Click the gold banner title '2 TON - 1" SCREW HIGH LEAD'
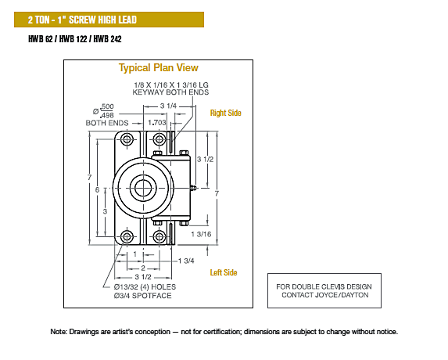click(x=82, y=20)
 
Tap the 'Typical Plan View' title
click(x=158, y=68)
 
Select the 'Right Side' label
click(x=225, y=113)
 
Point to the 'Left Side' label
click(x=224, y=272)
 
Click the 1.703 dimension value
click(x=157, y=123)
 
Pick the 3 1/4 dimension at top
click(x=168, y=106)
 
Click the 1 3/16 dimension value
click(x=201, y=234)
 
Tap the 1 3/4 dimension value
click(x=186, y=261)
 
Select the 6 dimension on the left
click(x=97, y=189)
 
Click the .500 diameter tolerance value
click(x=107, y=106)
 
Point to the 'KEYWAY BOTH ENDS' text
click(x=170, y=92)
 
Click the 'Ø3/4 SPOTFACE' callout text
click(x=142, y=296)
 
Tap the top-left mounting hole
click(x=127, y=139)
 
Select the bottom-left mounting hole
click(x=127, y=237)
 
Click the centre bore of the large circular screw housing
click(x=143, y=188)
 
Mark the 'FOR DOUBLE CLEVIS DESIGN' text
click(x=324, y=286)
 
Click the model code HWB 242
click(x=107, y=39)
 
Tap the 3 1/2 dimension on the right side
click(x=205, y=160)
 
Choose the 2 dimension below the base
click(x=143, y=268)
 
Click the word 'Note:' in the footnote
click(x=59, y=332)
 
